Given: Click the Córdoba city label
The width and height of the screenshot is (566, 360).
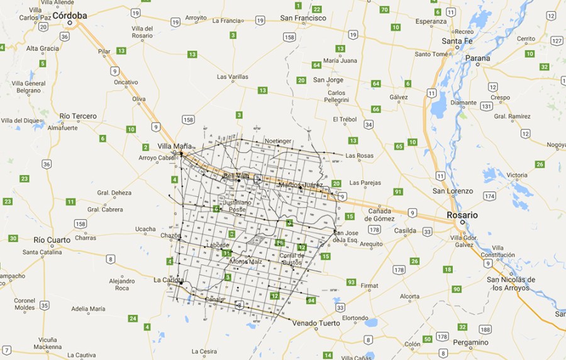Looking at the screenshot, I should tap(70, 15).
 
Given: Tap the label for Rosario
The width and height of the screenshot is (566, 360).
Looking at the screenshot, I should tap(462, 215).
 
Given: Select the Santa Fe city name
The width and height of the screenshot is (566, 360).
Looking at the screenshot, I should tap(457, 42).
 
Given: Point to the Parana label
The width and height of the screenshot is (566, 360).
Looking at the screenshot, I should tap(478, 59).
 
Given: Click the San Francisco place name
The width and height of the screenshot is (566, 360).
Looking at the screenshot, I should tap(303, 18).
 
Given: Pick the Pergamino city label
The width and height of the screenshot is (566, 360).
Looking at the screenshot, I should tap(470, 342).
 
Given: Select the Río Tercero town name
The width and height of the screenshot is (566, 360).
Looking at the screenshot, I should tap(78, 116).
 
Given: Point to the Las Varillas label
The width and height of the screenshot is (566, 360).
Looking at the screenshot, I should tap(232, 77).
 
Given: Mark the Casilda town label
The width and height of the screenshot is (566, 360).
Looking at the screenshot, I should tap(406, 231).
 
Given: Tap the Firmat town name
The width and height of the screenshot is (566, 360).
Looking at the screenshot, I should tap(369, 286).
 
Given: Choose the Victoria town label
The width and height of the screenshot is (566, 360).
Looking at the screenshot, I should tap(517, 175).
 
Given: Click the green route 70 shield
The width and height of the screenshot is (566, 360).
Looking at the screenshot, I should tap(384, 9).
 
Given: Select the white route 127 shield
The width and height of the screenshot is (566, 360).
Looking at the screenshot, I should tap(556, 40).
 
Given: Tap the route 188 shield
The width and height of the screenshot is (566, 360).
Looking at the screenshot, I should tap(484, 329).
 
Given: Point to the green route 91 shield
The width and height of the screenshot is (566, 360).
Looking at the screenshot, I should tap(397, 191).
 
